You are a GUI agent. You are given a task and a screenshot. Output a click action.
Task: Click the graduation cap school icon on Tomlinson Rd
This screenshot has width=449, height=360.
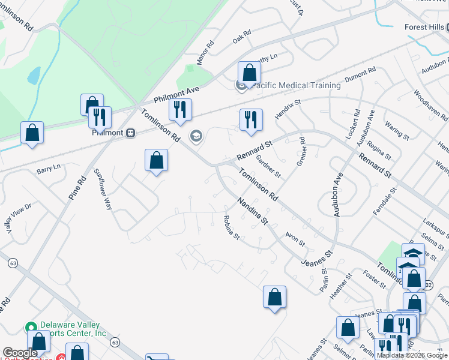[195, 137]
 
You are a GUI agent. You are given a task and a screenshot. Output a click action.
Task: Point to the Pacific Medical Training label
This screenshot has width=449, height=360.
[297, 86]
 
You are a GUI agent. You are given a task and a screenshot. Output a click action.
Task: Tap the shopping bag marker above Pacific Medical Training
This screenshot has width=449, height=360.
[249, 73]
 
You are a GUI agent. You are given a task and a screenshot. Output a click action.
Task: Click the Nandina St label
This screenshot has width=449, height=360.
[252, 211]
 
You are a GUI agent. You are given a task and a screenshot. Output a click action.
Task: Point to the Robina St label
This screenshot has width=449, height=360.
[232, 227]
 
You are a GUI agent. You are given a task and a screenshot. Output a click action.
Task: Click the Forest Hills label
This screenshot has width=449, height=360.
[424, 27]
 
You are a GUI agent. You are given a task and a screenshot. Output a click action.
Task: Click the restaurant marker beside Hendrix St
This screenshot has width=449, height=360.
[251, 119]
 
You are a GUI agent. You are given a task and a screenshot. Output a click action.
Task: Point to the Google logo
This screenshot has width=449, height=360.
[20, 353]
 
